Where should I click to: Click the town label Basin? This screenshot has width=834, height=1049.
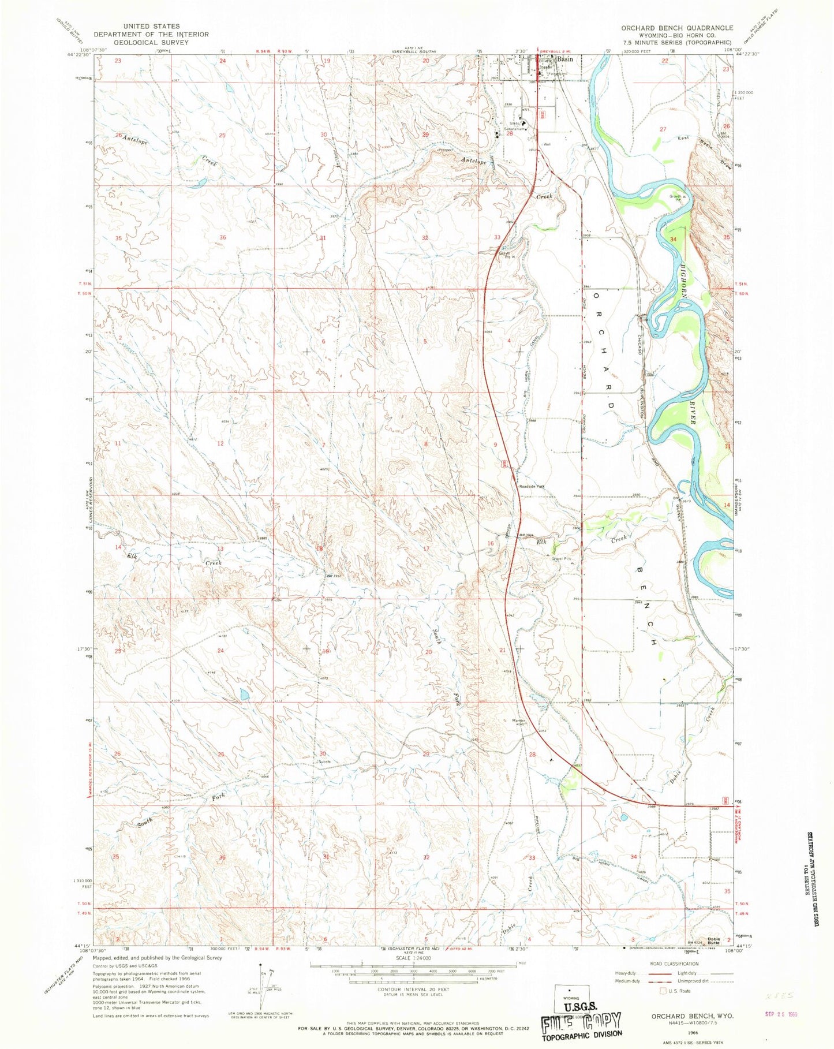(565, 59)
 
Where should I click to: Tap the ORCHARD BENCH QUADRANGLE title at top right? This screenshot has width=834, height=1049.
(677, 28)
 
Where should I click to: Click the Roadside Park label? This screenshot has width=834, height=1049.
(532, 487)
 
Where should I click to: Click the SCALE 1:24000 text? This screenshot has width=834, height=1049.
(412, 957)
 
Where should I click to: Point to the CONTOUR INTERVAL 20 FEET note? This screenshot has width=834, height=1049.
(413, 989)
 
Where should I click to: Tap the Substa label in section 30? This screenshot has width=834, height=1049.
(324, 761)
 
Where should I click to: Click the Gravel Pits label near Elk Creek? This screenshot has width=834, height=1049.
(560, 559)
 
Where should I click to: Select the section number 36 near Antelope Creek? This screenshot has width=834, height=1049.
(223, 237)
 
